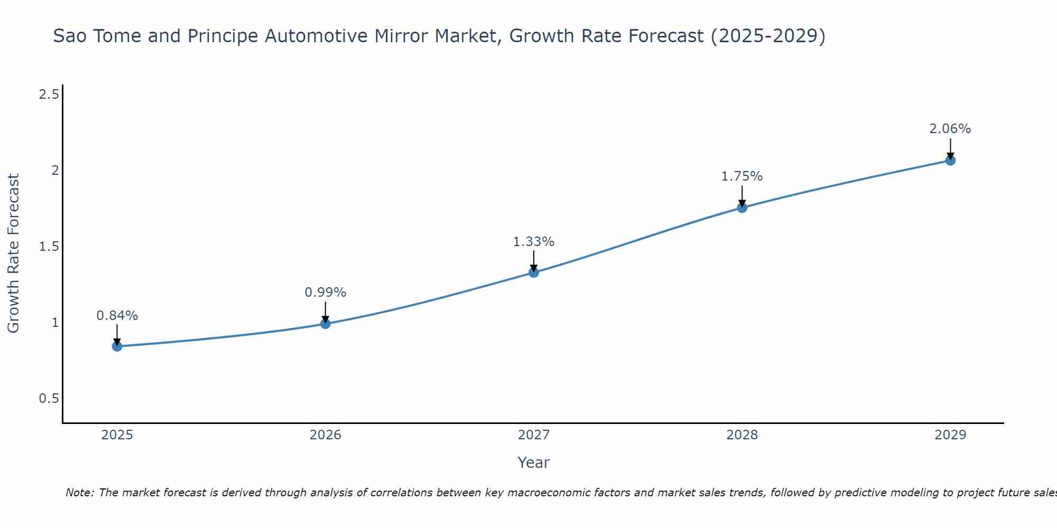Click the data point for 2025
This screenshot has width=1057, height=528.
click(117, 346)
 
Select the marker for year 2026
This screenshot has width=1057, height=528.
click(326, 324)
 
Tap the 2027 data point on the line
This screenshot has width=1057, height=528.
click(534, 272)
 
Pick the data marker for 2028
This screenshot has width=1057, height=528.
click(742, 208)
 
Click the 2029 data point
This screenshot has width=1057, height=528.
click(950, 161)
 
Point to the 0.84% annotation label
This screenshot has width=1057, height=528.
click(117, 316)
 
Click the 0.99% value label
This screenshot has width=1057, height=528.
click(326, 293)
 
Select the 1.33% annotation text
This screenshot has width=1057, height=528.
click(534, 242)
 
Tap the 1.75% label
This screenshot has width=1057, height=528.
click(742, 176)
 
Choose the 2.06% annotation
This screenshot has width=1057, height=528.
click(950, 129)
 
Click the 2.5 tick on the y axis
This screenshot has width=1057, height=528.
click(49, 95)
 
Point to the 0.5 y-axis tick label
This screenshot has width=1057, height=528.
click(49, 398)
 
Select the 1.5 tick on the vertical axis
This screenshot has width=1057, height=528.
click(49, 247)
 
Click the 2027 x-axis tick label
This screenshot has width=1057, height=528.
click(534, 435)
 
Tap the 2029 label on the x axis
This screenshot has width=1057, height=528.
click(950, 435)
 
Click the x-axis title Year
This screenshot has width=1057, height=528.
click(534, 463)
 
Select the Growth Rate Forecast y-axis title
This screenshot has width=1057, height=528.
click(14, 253)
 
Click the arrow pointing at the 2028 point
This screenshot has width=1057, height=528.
click(742, 195)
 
